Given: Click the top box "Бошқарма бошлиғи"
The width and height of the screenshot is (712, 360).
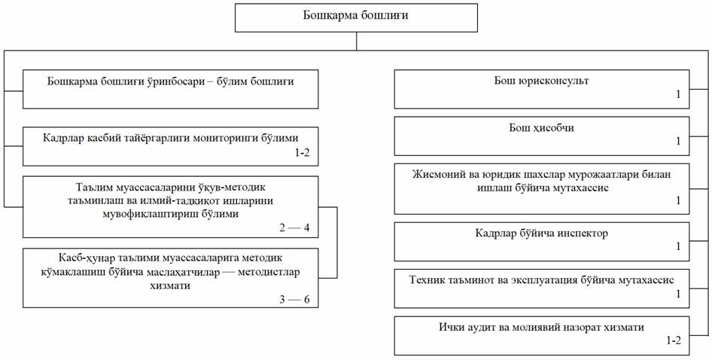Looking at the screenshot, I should [356, 17].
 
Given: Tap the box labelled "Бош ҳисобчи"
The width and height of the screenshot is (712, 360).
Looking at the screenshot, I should [542, 134].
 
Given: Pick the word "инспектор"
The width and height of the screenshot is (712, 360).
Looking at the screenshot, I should [579, 233].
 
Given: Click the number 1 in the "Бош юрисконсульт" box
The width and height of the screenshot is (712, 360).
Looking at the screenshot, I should [677, 96].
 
